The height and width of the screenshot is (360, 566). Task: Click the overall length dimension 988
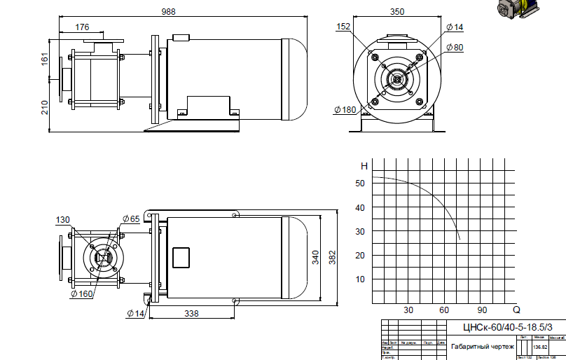[168, 11]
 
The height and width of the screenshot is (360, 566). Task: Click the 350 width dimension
[398, 11]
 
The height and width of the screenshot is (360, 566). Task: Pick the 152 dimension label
[343, 27]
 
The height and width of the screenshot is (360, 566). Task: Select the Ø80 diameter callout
[454, 47]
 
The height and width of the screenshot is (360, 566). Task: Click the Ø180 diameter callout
[345, 109]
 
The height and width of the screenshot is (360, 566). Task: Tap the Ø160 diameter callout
[81, 294]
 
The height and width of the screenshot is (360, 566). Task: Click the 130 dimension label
[63, 220]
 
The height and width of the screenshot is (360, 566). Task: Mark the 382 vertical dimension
[332, 258]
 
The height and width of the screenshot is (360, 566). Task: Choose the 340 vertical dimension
[315, 257]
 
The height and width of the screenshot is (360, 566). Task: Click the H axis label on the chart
[364, 166]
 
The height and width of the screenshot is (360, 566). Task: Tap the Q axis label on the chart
[517, 310]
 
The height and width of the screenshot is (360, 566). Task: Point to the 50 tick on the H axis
[360, 184]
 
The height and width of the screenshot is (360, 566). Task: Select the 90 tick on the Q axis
[482, 310]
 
